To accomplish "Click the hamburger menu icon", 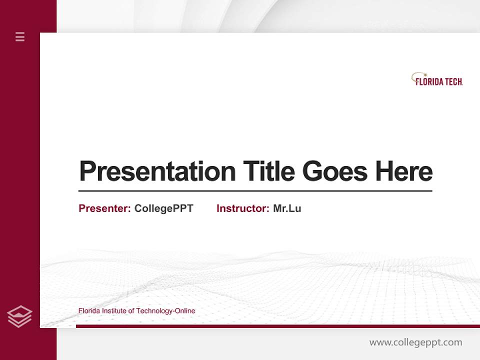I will (x=20, y=36).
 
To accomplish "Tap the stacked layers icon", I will (x=20, y=316).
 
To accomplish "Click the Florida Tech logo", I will (x=437, y=80).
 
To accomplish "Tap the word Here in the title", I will (x=404, y=171).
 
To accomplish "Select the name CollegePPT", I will (x=163, y=208).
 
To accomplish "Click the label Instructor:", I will (x=243, y=208).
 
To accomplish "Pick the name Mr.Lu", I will (x=287, y=208).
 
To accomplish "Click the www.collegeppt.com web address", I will (x=415, y=342).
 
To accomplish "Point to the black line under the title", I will (x=255, y=190).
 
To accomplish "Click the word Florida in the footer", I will (x=89, y=311).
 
